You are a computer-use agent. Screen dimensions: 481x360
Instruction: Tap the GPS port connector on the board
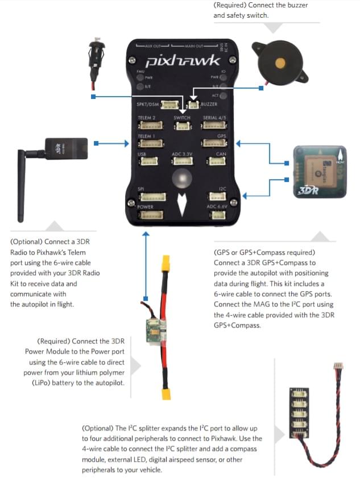[x=214, y=144]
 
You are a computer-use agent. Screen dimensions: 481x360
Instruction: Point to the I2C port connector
[x=216, y=197]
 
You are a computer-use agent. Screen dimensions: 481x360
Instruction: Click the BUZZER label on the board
[x=209, y=105]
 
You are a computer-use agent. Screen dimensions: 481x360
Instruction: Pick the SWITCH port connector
[x=182, y=126]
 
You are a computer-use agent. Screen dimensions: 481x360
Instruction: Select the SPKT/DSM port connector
[x=169, y=105]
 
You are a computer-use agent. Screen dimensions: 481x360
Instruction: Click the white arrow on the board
[x=182, y=205]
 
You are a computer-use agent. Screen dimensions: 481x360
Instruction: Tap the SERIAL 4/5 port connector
[x=214, y=126]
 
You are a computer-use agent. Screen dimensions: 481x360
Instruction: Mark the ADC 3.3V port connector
[x=182, y=161]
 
